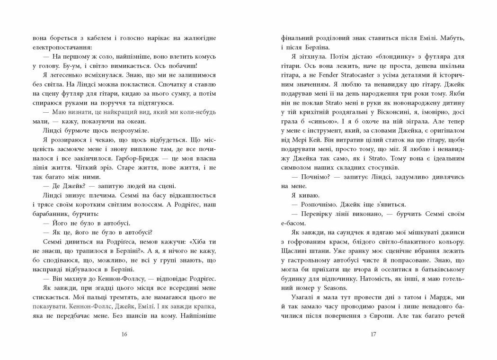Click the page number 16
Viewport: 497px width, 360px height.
tap(124, 334)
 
